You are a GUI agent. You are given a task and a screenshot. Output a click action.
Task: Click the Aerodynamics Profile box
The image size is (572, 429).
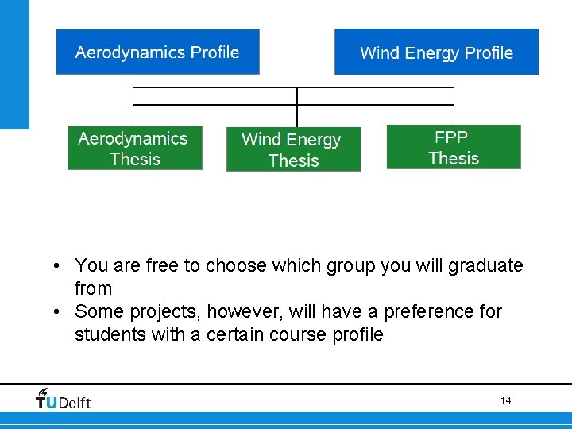pyautogui.click(x=157, y=52)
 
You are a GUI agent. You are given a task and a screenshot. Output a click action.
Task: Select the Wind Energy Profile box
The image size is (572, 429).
pyautogui.click(x=436, y=52)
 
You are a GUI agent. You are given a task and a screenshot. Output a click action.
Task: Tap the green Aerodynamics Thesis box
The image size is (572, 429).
pyautogui.click(x=134, y=148)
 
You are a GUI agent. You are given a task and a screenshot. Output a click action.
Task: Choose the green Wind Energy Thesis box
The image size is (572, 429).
pyautogui.click(x=292, y=149)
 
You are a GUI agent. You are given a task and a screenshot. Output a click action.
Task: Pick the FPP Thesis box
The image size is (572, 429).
pyautogui.click(x=454, y=147)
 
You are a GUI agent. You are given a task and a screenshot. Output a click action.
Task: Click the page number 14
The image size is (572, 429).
pyautogui.click(x=505, y=401)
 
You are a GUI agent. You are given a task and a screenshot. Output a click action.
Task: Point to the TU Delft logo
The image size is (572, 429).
pyautogui.click(x=64, y=399)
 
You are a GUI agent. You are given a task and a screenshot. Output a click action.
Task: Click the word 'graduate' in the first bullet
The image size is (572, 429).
pyautogui.click(x=485, y=265)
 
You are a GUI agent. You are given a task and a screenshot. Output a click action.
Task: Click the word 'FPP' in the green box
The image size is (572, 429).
pyautogui.click(x=451, y=137)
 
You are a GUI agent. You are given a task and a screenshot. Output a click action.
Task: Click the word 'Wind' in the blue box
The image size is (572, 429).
pyautogui.click(x=380, y=53)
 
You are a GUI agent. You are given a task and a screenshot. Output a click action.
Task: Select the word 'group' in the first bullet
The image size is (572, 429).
pyautogui.click(x=353, y=265)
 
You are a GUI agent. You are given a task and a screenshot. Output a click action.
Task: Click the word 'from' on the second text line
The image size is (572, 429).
pyautogui.click(x=93, y=288)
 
